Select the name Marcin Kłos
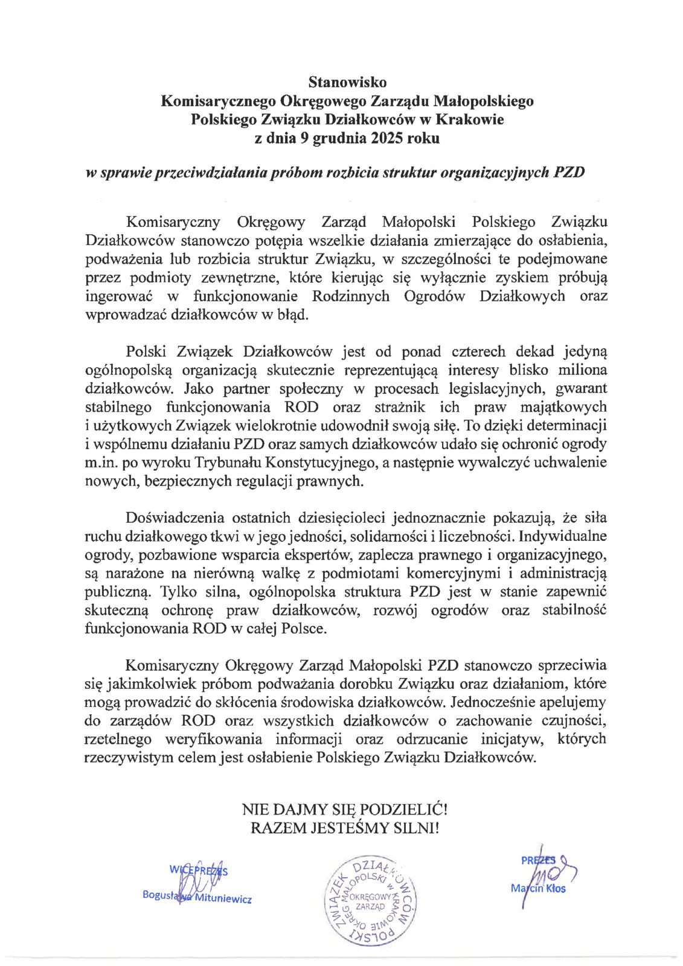click(x=538, y=888)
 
